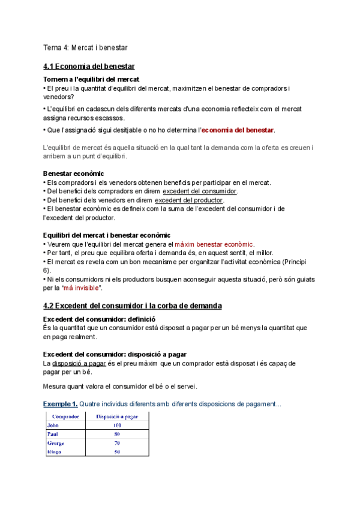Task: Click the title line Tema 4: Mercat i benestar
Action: point(85,47)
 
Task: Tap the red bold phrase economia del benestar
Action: point(238,130)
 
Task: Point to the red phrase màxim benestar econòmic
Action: point(214,244)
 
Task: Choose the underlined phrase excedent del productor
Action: point(188,200)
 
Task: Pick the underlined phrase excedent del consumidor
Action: point(200,191)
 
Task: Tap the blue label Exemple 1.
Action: point(60,403)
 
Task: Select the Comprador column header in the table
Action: point(67,417)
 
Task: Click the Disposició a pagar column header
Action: point(117,417)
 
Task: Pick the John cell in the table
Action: point(54,426)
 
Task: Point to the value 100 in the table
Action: point(117,426)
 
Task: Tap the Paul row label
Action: point(53,434)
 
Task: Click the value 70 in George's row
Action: point(117,443)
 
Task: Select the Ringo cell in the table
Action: point(55,452)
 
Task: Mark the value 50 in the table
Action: point(117,452)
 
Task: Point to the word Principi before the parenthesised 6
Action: point(306,262)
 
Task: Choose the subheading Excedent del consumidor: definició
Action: point(100,319)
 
